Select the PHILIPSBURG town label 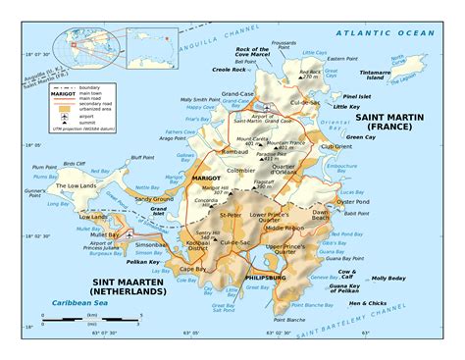(x=266, y=278)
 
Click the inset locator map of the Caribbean (x=87, y=39)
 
